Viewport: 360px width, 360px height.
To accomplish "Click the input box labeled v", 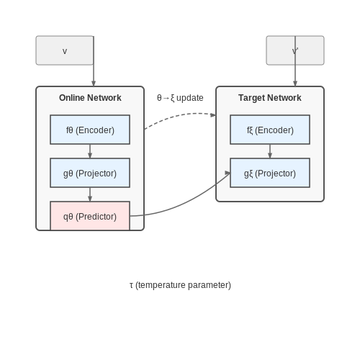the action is pos(65,50).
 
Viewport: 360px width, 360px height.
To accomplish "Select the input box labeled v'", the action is pos(295,50).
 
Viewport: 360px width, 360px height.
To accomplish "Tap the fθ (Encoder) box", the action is pos(90,130).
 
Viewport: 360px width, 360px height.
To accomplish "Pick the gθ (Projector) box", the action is pos(90,173).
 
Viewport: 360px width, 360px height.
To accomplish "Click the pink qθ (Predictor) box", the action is pos(90,216).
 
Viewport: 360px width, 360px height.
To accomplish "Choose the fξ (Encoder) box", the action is pos(270,130).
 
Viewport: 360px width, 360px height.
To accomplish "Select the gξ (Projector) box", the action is pos(270,173).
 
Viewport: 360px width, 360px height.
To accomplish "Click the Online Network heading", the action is pos(90,98).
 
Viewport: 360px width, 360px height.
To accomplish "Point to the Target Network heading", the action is pos(270,98).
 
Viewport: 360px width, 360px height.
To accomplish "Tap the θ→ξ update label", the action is pos(180,98).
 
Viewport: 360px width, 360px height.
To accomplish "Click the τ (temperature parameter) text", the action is pos(180,285).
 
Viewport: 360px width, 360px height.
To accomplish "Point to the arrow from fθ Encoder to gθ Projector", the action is pos(90,151).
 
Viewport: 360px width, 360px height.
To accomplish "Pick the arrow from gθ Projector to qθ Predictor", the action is pos(90,194).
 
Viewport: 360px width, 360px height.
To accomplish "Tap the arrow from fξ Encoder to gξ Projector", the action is pos(270,151).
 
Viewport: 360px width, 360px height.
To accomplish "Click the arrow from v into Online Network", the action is pos(94,61).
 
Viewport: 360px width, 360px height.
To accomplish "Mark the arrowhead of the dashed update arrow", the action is pos(213,115).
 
